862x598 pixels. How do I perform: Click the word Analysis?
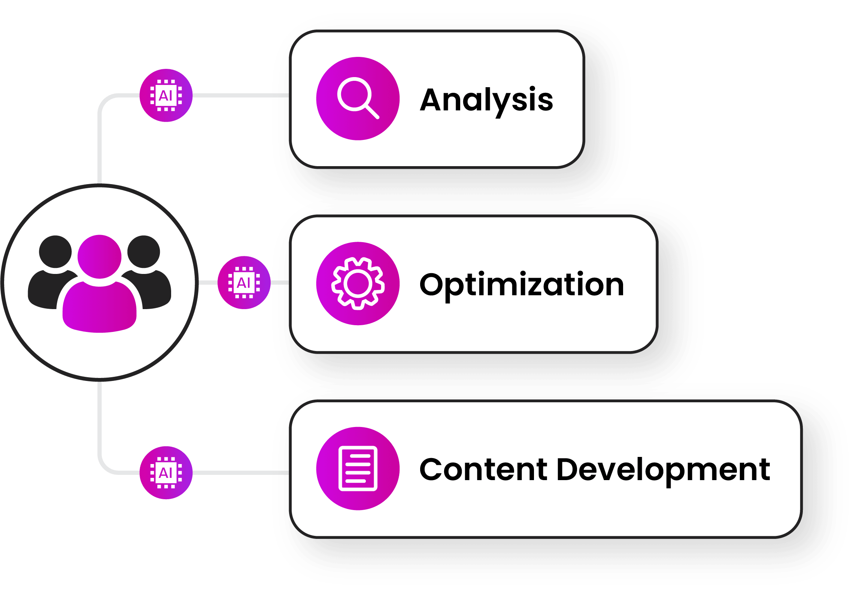pos(486,100)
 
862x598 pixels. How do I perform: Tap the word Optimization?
pos(522,285)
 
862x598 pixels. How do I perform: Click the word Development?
pos(663,470)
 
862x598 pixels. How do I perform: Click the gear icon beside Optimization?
pos(358,284)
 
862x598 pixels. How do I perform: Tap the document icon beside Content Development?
pos(358,469)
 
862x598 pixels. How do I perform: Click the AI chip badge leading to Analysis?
pos(166,95)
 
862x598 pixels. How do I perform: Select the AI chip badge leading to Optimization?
pos(244,283)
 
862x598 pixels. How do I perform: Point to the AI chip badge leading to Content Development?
pos(166,473)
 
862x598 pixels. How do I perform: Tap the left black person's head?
pos(55,252)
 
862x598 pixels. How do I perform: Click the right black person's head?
pos(143,252)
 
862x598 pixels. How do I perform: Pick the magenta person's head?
pos(99,257)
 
